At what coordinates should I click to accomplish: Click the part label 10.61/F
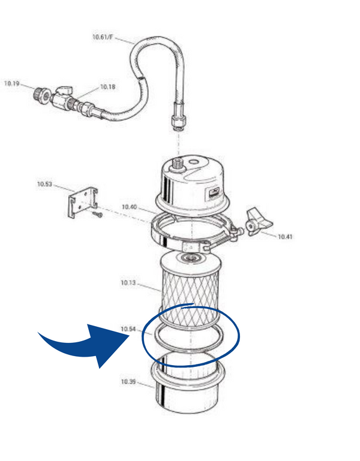103,37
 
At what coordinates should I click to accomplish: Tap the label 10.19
11,83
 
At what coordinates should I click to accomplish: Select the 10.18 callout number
108,87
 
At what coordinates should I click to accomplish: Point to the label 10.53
44,184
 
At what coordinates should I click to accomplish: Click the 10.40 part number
129,207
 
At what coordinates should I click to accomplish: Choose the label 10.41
285,236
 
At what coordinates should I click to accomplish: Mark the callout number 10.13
128,283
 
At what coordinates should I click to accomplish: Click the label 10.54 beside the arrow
128,329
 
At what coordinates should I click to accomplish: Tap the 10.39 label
128,382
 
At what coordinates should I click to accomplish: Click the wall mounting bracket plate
83,203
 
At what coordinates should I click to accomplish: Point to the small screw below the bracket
98,215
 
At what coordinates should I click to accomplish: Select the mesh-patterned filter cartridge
190,289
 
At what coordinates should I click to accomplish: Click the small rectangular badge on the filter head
215,193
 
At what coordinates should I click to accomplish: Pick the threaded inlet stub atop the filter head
178,164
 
